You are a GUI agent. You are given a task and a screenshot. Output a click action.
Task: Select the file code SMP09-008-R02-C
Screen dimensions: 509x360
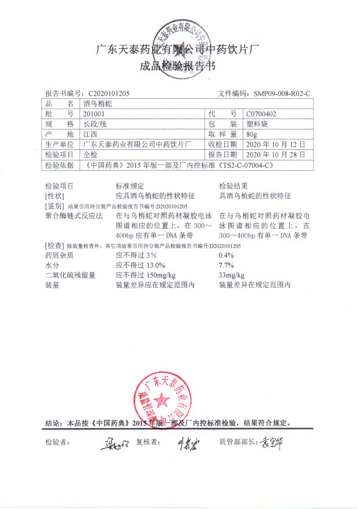click(282, 93)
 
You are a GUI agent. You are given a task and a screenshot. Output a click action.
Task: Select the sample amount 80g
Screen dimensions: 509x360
click(251, 134)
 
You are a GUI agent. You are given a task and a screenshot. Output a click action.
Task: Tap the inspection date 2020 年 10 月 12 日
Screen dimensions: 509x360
click(276, 145)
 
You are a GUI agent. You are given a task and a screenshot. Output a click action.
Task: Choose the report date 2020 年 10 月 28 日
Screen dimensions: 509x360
click(276, 155)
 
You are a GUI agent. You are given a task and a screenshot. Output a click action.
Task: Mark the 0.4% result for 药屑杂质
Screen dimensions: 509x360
click(226, 254)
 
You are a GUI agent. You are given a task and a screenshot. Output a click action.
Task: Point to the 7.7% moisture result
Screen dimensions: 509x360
click(226, 265)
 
